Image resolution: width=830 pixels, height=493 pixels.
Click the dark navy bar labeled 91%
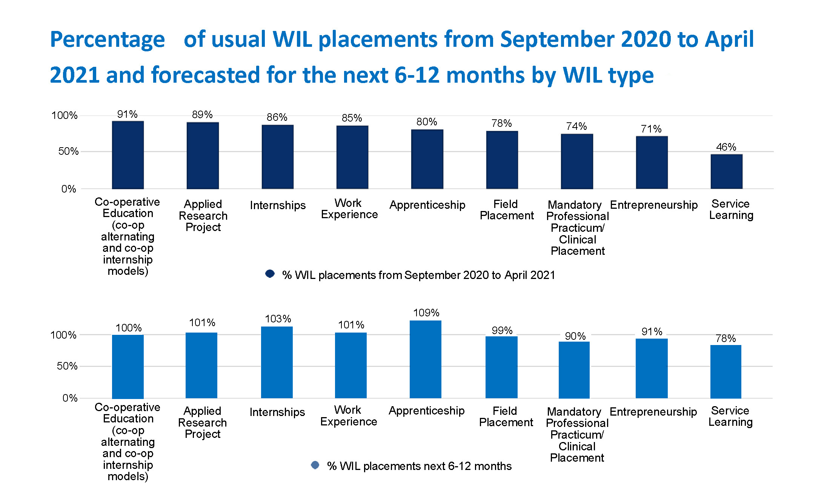[x=128, y=155]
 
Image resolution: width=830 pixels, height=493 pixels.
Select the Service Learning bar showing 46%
[x=726, y=171]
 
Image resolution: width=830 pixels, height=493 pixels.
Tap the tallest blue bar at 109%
[x=426, y=359]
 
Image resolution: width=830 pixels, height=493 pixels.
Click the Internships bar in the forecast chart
[x=277, y=362]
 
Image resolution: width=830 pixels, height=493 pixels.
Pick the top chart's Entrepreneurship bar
[x=652, y=162]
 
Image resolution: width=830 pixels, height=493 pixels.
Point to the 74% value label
[x=576, y=126]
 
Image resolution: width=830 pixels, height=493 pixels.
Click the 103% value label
[x=278, y=319]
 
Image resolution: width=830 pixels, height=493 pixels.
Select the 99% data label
[x=502, y=331]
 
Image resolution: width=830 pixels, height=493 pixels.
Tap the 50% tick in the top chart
[x=68, y=151]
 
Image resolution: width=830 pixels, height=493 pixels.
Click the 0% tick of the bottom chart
[x=70, y=398]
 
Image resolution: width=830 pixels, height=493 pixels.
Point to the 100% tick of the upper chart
[x=65, y=116]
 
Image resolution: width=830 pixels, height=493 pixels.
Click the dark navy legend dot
[x=270, y=274]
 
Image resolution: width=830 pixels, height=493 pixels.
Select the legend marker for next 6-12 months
[x=315, y=465]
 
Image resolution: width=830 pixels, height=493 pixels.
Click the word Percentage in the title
[x=108, y=40]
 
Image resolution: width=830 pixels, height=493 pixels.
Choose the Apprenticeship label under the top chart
[x=427, y=205]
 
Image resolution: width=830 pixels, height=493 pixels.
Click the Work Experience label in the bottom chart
[x=349, y=416]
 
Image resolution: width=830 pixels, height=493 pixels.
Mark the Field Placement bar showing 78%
[x=502, y=160]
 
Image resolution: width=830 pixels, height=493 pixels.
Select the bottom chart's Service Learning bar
[x=725, y=371]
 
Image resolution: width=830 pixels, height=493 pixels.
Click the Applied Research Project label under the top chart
[x=203, y=216]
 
